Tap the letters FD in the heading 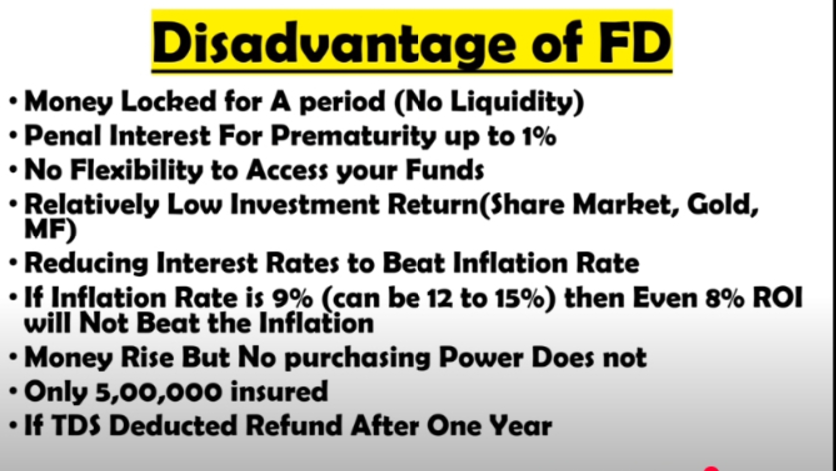634,42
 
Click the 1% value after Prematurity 539,136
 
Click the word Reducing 87,264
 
